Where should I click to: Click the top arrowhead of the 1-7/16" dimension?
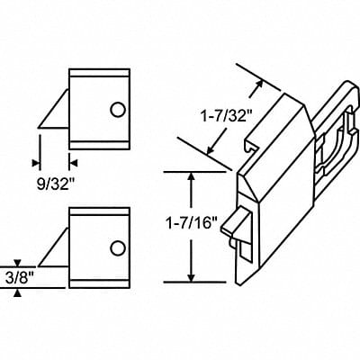click(x=191, y=176)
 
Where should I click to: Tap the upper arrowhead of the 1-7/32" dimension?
click(x=262, y=84)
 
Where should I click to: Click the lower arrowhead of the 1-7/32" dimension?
click(x=214, y=153)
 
